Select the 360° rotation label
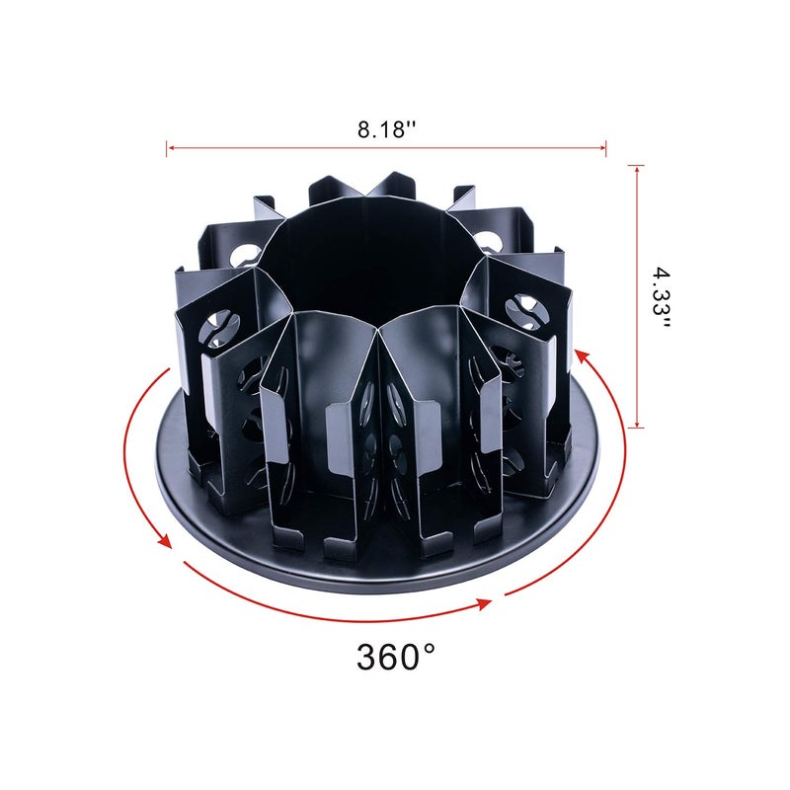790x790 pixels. coord(396,656)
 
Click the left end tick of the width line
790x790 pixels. coord(167,148)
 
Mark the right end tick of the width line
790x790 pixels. coord(605,148)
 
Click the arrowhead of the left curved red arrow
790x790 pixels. coord(167,541)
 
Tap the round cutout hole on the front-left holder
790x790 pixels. coord(219,322)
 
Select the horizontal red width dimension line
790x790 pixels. coord(385,148)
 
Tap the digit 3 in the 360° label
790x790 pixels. coord(368,657)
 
